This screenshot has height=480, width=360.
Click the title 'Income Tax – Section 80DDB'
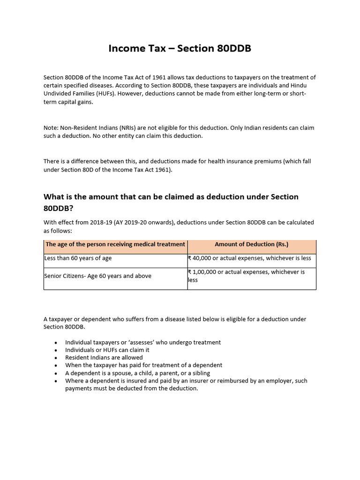point(180,48)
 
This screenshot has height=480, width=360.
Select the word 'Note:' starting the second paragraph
point(52,127)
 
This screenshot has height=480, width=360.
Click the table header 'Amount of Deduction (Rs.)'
point(251,244)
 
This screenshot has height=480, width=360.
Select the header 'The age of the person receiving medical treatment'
point(115,244)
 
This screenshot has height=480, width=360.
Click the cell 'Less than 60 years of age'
point(78,258)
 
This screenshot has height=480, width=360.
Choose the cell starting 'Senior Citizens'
point(97,276)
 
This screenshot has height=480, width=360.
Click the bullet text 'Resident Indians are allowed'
point(104,357)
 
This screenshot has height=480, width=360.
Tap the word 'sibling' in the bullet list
point(196,373)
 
